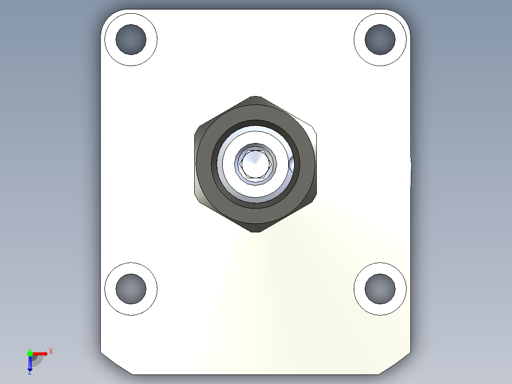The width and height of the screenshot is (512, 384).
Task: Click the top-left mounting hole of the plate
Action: click(x=131, y=39)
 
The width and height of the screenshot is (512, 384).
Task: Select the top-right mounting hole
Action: click(x=380, y=39)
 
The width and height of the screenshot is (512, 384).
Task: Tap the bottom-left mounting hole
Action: click(x=131, y=288)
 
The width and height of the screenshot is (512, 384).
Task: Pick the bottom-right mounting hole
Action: click(x=380, y=288)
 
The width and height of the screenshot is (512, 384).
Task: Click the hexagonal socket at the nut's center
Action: click(x=256, y=164)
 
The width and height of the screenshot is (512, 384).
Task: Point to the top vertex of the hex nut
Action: click(x=256, y=97)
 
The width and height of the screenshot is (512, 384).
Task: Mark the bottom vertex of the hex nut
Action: click(x=256, y=231)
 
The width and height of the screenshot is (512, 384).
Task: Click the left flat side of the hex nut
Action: click(x=195, y=164)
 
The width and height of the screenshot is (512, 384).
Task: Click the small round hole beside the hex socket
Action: click(x=291, y=165)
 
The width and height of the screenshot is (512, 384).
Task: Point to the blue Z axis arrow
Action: click(x=30, y=363)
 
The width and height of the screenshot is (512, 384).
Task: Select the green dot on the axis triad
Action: click(x=30, y=353)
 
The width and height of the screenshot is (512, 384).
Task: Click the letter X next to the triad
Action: click(x=50, y=351)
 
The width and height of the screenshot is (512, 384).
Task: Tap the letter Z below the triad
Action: click(x=29, y=373)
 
